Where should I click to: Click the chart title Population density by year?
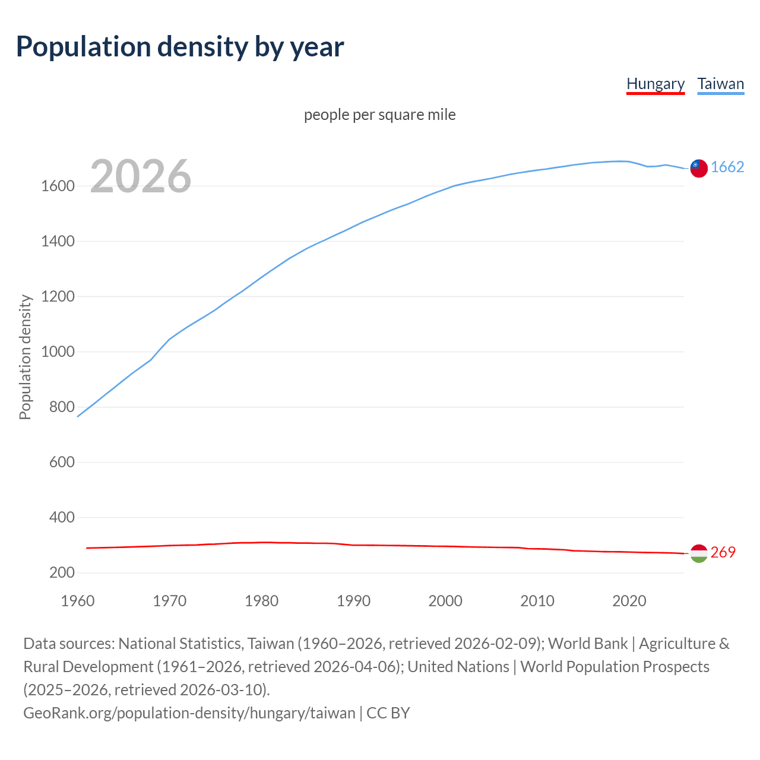(180, 47)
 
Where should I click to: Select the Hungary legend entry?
(655, 84)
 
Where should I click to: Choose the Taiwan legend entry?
(721, 84)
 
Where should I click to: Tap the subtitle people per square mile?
(380, 115)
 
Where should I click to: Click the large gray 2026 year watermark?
(141, 176)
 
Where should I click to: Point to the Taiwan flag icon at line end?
(699, 168)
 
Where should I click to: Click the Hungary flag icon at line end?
(699, 553)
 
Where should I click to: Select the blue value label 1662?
(727, 167)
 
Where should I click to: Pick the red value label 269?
(723, 553)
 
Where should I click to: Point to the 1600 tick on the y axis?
(58, 186)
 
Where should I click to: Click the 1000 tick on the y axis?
(58, 352)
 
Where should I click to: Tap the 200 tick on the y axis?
(62, 573)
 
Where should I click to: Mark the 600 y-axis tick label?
(62, 463)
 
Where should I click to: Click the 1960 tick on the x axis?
(78, 601)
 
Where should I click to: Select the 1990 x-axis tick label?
(353, 601)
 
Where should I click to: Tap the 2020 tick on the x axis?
(629, 601)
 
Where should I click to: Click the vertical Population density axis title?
(25, 357)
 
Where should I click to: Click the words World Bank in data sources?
(587, 644)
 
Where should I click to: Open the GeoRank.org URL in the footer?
(189, 713)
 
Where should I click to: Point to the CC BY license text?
(388, 713)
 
